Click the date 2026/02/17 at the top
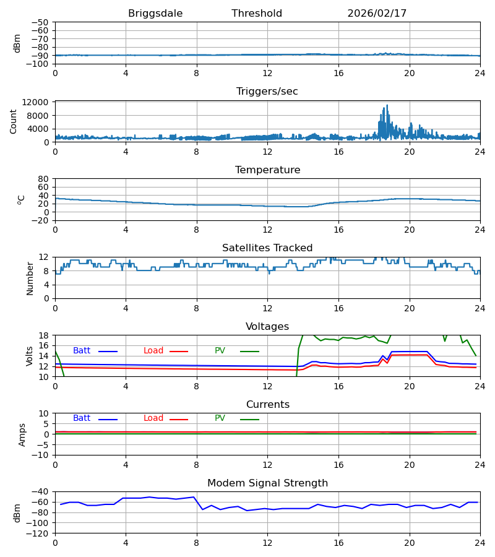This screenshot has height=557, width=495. click(377, 14)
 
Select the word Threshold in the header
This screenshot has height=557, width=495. click(257, 14)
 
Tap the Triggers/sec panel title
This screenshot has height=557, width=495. click(267, 92)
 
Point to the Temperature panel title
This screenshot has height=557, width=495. click(267, 170)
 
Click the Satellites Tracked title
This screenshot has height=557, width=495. click(267, 248)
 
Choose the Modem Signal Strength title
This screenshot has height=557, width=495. click(267, 483)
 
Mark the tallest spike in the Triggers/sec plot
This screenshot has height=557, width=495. click(387, 106)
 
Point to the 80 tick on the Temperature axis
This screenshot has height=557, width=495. click(44, 179)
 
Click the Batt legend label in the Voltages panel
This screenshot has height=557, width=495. click(82, 351)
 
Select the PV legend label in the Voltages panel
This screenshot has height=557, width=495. click(220, 351)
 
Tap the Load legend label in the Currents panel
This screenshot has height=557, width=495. click(153, 418)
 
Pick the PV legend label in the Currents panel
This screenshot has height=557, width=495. click(220, 418)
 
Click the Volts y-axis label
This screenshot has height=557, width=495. click(30, 356)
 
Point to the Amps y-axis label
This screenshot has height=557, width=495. click(22, 434)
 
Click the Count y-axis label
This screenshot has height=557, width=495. click(14, 121)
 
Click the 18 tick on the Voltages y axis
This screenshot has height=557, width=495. click(44, 335)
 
